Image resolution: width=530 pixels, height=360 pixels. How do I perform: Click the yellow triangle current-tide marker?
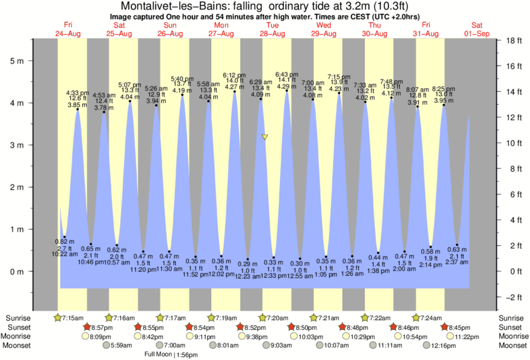pyautogui.click(x=265, y=137)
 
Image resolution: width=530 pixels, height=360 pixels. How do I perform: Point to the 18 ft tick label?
pyautogui.click(x=513, y=40)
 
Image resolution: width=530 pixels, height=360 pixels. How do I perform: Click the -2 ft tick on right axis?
pyautogui.click(x=513, y=297)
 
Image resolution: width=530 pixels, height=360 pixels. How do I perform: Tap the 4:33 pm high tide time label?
pyautogui.click(x=78, y=93)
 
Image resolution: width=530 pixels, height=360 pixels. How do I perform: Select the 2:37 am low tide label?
pyautogui.click(x=457, y=262)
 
